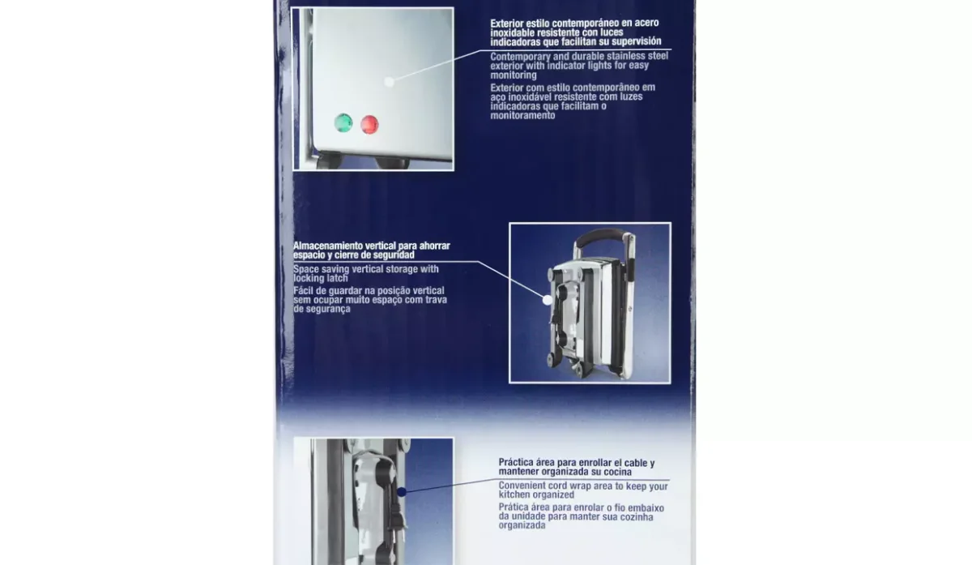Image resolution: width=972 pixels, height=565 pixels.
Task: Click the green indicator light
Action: pos(343,123)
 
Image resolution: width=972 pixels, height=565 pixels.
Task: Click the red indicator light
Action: pos(369,125)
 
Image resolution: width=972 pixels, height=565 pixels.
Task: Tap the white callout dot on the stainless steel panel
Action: pos(390,82)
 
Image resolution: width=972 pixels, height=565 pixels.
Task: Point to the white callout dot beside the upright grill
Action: pos(548,300)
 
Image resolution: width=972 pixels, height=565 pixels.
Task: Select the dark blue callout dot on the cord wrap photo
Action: pos(402,492)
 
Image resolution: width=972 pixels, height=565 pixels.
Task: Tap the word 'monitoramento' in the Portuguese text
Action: pos(523,116)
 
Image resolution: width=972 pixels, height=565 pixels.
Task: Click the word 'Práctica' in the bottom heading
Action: pos(515,463)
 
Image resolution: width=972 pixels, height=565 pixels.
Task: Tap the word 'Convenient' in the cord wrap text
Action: pos(522,486)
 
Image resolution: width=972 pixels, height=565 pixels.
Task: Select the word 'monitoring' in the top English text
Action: pos(514,75)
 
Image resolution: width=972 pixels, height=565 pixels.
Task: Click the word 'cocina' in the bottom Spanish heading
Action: pos(616,472)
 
